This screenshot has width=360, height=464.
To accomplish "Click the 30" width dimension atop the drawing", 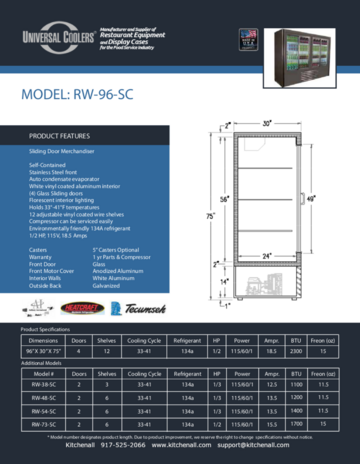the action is point(267,124).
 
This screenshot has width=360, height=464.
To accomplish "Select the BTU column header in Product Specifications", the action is point(294,340).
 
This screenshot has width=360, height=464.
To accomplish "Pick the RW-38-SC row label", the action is point(43,383).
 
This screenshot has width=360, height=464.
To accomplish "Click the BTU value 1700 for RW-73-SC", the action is point(294,425).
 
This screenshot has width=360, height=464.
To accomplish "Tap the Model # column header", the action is point(43,372).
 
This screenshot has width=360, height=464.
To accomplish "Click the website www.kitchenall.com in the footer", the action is point(189,446).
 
